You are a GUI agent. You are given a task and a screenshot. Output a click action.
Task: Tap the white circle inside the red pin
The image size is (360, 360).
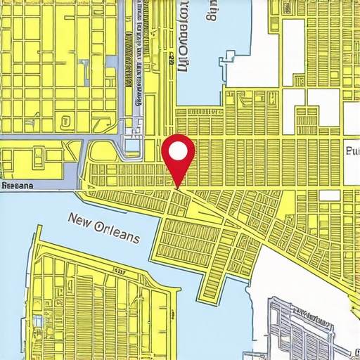click(x=179, y=150)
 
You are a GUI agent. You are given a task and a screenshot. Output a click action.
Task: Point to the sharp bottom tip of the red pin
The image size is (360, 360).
click(x=179, y=187)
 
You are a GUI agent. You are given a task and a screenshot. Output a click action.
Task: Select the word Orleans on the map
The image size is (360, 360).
click(x=115, y=234)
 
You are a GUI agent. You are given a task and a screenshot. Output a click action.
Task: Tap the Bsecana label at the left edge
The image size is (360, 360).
click(x=18, y=186)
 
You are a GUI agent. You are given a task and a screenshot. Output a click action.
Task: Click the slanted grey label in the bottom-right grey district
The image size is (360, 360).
click(x=309, y=312)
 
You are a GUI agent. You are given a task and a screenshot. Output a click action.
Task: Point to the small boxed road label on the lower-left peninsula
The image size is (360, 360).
click(x=120, y=270)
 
